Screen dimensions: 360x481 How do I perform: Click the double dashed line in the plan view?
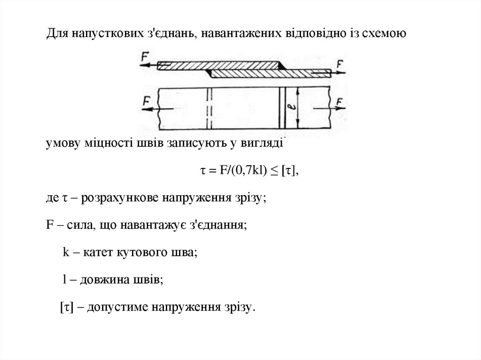209,108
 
